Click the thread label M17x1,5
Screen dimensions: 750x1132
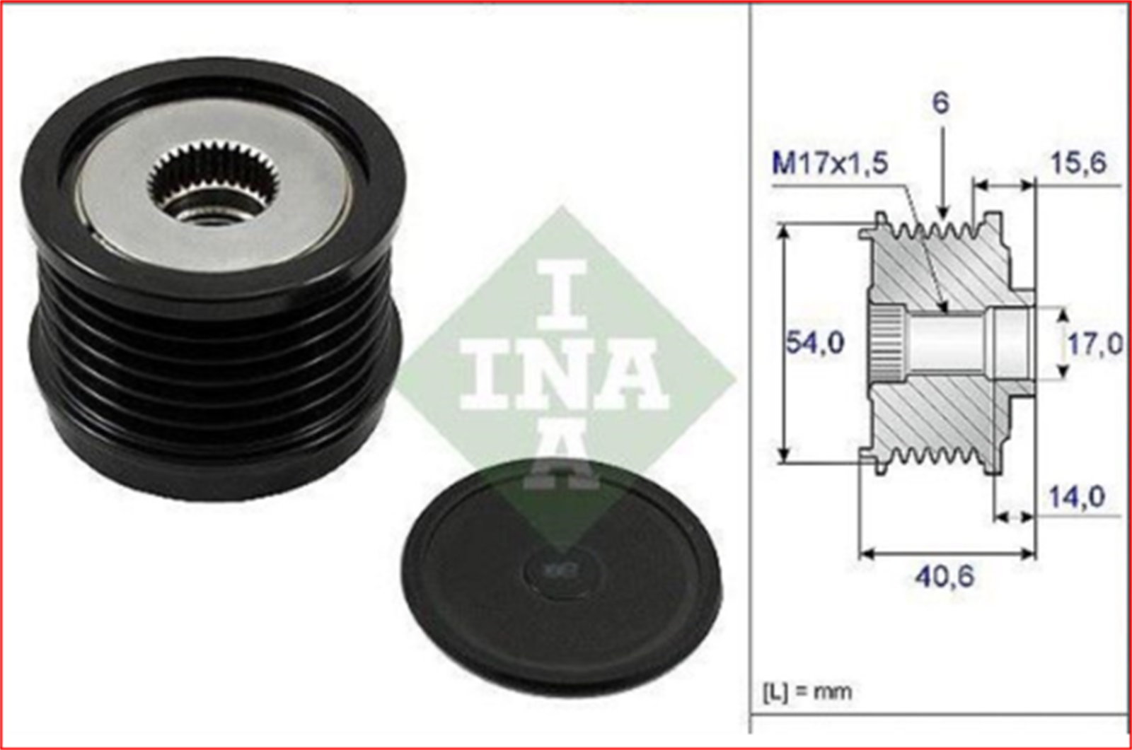pyautogui.click(x=830, y=164)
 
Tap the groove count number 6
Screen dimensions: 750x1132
pyautogui.click(x=940, y=103)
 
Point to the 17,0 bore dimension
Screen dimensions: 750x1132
pyautogui.click(x=1094, y=344)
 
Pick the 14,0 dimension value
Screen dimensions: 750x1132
pyautogui.click(x=1075, y=496)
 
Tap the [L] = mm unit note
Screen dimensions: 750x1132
pyautogui.click(x=807, y=691)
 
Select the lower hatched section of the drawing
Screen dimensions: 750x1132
pyautogui.click(x=948, y=417)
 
